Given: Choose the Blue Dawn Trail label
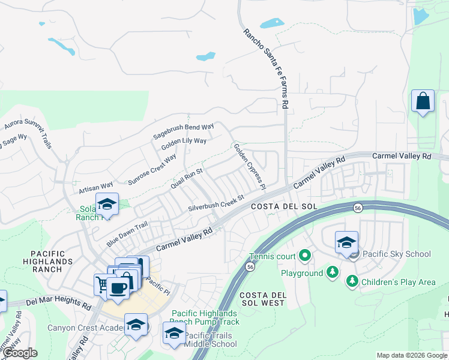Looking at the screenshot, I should point(127,233).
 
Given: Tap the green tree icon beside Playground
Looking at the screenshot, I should point(332,273).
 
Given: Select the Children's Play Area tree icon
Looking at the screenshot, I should point(352,281).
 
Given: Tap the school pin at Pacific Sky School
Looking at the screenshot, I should point(346,242).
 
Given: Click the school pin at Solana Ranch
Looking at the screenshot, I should point(107,204).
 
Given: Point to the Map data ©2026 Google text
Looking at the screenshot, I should point(411,355).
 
